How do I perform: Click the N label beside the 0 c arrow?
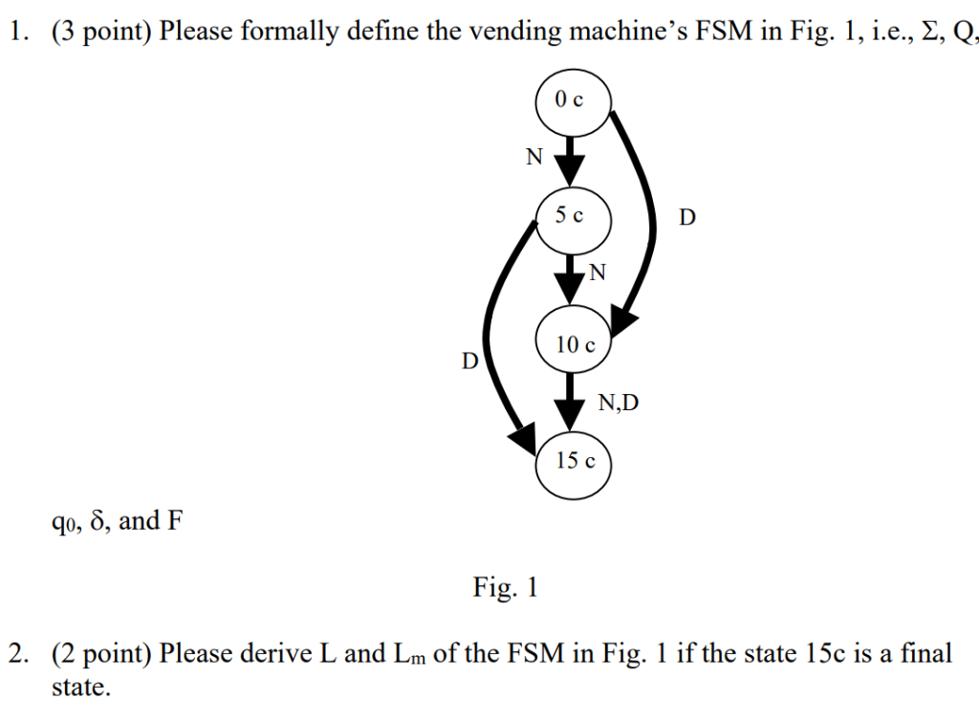[x=534, y=157]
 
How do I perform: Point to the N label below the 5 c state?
[x=598, y=273]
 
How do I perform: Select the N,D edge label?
[x=619, y=403]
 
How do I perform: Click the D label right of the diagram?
[x=686, y=217]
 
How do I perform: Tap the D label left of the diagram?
[x=469, y=360]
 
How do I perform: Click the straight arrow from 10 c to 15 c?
[x=570, y=402]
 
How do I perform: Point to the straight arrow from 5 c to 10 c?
[x=570, y=279]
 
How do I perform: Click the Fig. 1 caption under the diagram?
[x=505, y=587]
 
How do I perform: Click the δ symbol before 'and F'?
[x=97, y=520]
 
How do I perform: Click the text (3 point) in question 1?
[x=101, y=32]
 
